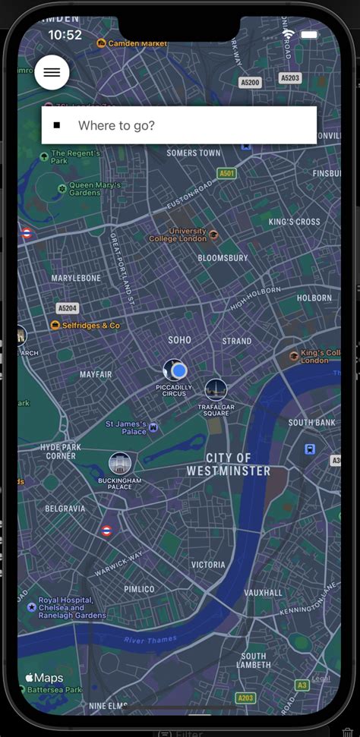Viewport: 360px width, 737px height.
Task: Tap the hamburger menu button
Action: click(x=52, y=72)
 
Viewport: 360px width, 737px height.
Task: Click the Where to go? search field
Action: click(x=179, y=125)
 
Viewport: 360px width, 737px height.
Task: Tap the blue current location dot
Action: click(x=179, y=370)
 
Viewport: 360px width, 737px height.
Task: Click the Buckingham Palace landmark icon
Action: click(x=120, y=463)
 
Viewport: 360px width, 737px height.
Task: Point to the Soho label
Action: click(x=179, y=340)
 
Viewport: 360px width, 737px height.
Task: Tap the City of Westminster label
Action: click(x=228, y=465)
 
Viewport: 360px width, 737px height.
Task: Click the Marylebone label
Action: click(x=76, y=279)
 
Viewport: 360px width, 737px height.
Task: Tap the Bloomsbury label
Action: click(x=223, y=258)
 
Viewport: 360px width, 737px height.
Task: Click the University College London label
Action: click(x=188, y=235)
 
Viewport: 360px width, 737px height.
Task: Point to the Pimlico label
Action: click(x=139, y=589)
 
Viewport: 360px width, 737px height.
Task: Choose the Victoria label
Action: click(x=208, y=565)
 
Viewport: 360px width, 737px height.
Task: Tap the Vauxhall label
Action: click(x=264, y=593)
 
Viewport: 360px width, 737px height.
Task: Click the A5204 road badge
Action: click(x=68, y=308)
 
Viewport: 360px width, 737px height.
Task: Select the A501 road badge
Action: click(x=226, y=174)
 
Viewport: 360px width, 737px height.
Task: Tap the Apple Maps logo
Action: click(x=44, y=678)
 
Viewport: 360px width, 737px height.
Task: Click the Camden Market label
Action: click(x=137, y=43)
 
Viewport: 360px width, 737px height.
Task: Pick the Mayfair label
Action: click(x=96, y=375)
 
